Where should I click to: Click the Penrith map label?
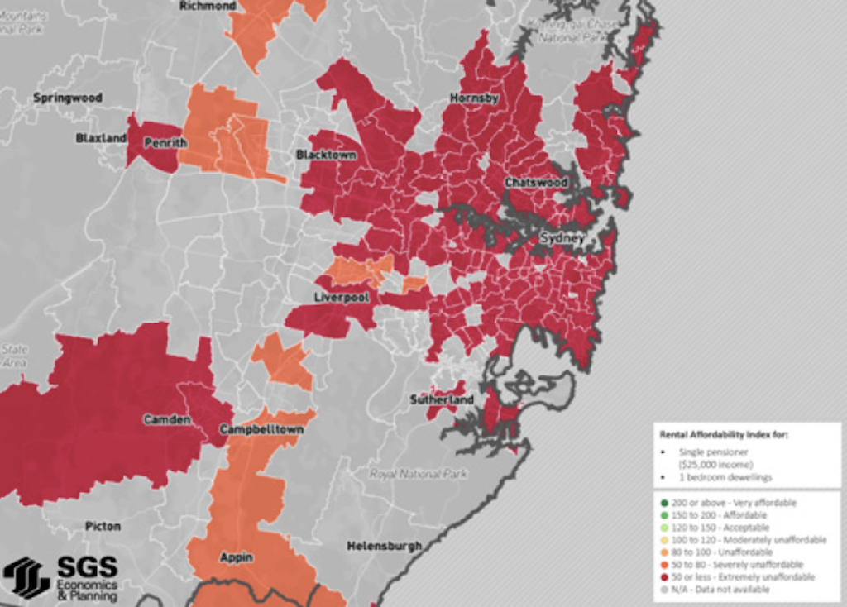click(x=159, y=143)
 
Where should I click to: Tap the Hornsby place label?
click(x=474, y=98)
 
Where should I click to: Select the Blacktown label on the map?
click(x=326, y=155)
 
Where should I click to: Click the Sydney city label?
click(x=562, y=238)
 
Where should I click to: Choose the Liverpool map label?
click(x=341, y=296)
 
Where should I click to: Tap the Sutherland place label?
click(x=443, y=400)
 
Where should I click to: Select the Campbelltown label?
click(x=261, y=430)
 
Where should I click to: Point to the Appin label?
click(x=237, y=557)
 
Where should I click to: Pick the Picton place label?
click(x=103, y=526)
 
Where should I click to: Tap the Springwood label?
click(x=68, y=98)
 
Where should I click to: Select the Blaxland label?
click(x=101, y=138)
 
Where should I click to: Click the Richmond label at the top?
click(x=208, y=6)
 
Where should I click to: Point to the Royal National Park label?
click(x=419, y=475)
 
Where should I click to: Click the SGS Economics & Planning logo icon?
click(x=26, y=576)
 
